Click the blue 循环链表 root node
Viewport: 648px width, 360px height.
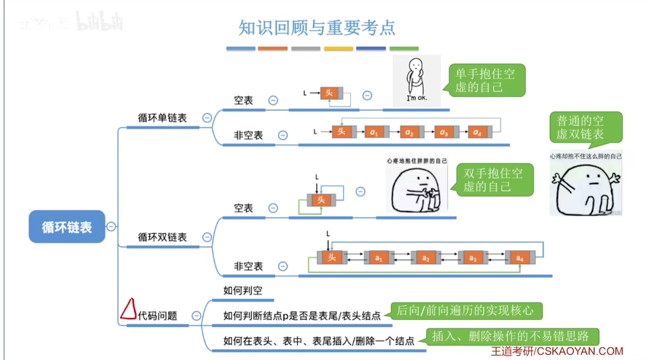pyautogui.click(x=67, y=226)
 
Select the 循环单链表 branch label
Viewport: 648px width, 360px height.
pyautogui.click(x=162, y=118)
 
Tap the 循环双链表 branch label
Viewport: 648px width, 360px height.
pyautogui.click(x=162, y=237)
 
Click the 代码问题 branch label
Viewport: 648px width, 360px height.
pyautogui.click(x=157, y=316)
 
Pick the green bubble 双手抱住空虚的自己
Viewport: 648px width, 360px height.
pyautogui.click(x=493, y=180)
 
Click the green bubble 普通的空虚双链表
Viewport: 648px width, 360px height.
pyautogui.click(x=585, y=127)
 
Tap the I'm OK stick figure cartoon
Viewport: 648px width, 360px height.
pyautogui.click(x=417, y=81)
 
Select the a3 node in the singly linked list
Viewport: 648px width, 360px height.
pyautogui.click(x=444, y=132)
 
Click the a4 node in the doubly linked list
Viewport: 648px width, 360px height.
pyautogui.click(x=519, y=258)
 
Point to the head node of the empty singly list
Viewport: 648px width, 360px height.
pyautogui.click(x=329, y=93)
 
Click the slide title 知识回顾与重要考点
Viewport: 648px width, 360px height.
pyautogui.click(x=317, y=28)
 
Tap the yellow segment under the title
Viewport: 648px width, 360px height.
pyautogui.click(x=338, y=49)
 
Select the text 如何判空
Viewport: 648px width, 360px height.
pyautogui.click(x=243, y=291)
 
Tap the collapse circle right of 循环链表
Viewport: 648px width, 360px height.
pyautogui.click(x=111, y=226)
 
